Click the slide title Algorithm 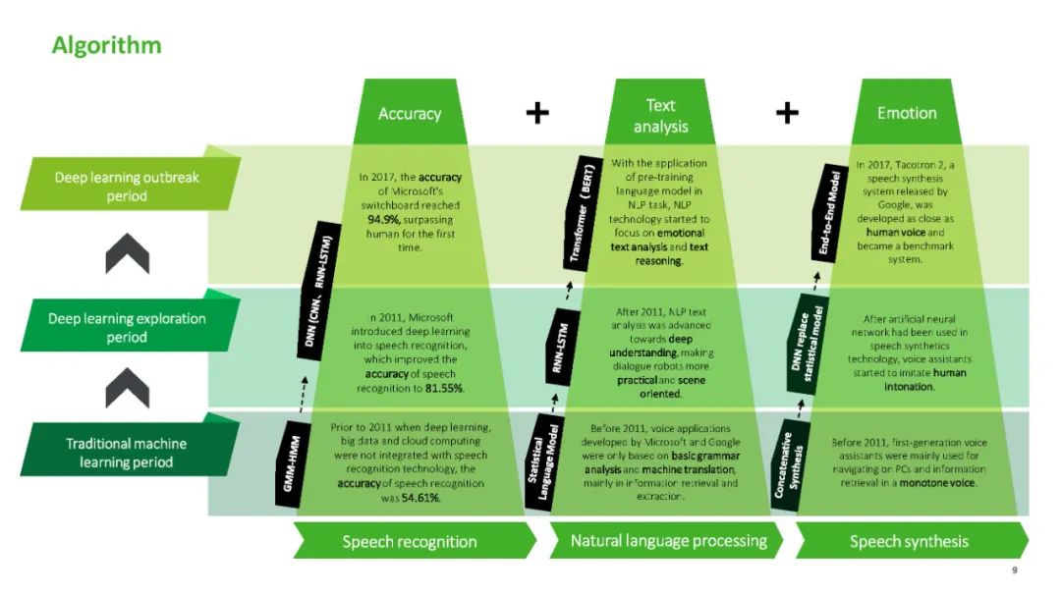tap(106, 45)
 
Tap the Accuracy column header tap(410, 114)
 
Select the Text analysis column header tap(660, 116)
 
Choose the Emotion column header tap(907, 114)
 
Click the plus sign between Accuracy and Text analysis tap(536, 113)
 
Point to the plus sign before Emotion tap(787, 113)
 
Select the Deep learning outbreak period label tap(128, 187)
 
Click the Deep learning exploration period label tap(128, 328)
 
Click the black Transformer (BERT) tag tap(580, 217)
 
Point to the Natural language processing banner tap(668, 541)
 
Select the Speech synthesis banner tap(909, 541)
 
